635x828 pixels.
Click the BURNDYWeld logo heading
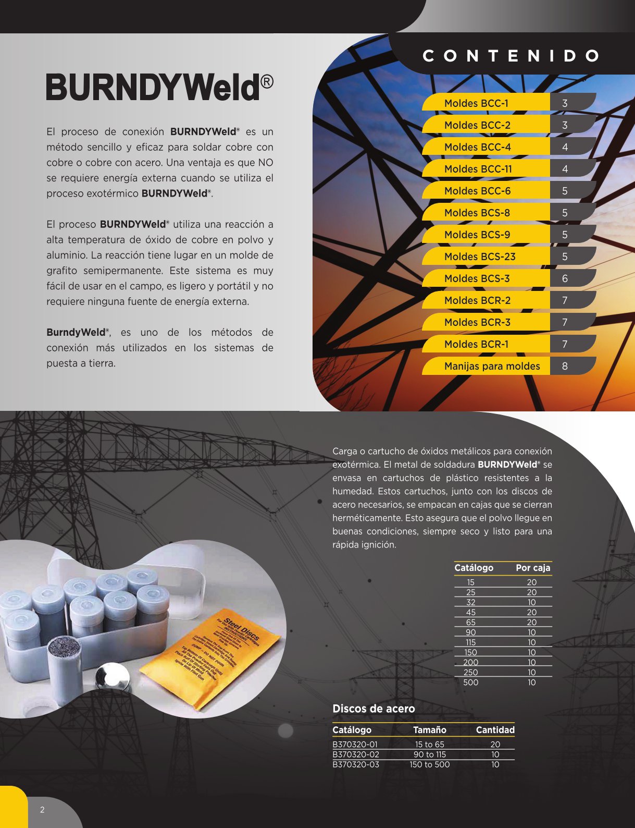(159, 87)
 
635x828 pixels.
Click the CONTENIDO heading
(511, 56)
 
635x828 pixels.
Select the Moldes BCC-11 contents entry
(478, 169)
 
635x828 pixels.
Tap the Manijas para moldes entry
(492, 366)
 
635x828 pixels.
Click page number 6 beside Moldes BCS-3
(565, 278)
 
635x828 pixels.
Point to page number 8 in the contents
(565, 366)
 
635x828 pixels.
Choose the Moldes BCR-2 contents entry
(477, 300)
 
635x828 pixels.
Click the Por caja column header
(533, 568)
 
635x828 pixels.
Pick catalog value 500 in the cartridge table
(470, 683)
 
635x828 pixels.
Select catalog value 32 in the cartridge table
(470, 602)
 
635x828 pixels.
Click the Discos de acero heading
(373, 709)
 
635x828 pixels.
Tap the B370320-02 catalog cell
(356, 754)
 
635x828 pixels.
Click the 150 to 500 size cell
(429, 764)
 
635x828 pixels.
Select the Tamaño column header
(429, 730)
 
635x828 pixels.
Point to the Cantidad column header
(495, 730)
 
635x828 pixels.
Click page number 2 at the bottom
(42, 810)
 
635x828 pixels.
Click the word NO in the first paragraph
(265, 163)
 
